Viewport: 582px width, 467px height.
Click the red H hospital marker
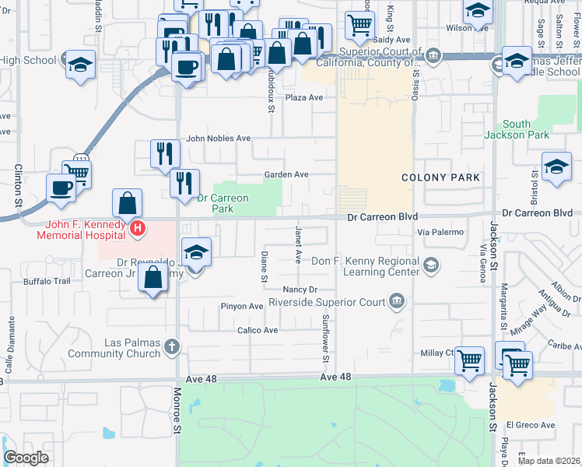tap(138, 229)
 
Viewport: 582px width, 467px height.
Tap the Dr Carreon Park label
tap(223, 203)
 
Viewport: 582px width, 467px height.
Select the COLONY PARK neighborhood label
tap(440, 178)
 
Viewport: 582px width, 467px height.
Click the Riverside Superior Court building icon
tap(397, 301)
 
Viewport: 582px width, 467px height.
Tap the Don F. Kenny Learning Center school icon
tap(429, 267)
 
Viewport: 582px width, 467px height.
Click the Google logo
tap(26, 458)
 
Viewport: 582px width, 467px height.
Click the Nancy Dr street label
tap(300, 290)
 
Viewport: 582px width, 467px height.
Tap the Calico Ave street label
tap(258, 330)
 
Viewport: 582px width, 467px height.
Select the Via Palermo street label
tap(440, 232)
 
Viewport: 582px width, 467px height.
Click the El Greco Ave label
tap(530, 425)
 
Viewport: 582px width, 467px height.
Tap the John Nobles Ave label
tap(218, 139)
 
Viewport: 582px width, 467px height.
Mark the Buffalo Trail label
tap(47, 281)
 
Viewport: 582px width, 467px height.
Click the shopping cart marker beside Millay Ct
tap(469, 361)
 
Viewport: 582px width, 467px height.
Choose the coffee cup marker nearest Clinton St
tap(61, 188)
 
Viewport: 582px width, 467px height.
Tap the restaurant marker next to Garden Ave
tap(184, 184)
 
